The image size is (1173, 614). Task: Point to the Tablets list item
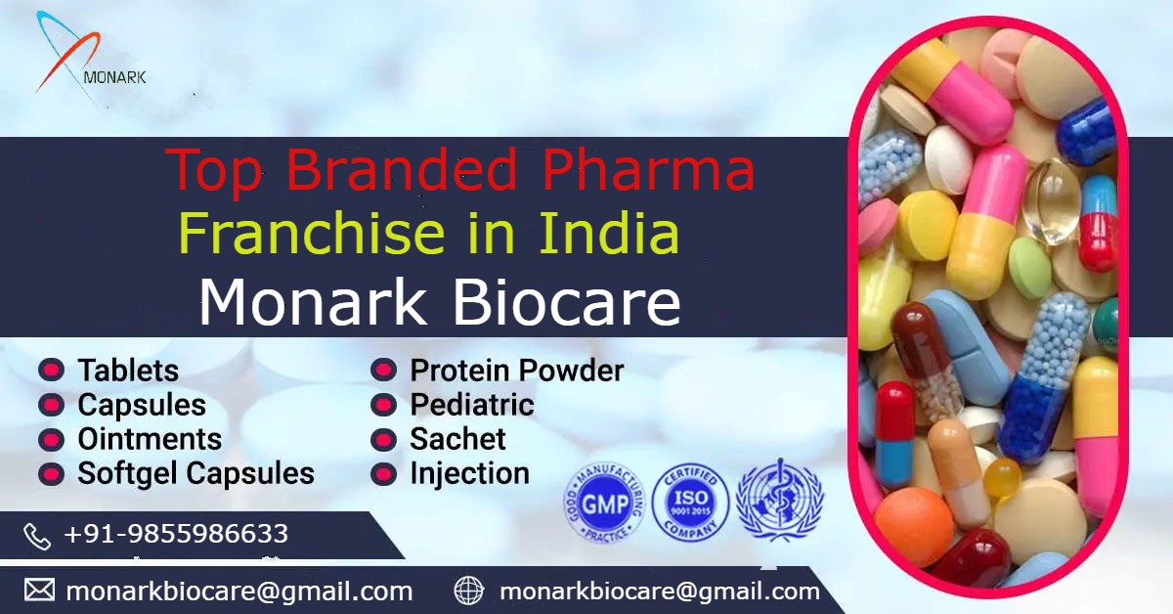128,371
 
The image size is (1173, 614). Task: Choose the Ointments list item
150,439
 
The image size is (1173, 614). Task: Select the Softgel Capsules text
195,474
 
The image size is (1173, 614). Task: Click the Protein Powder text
516,371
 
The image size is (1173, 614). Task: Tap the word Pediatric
471,405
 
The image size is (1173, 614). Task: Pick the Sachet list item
457,439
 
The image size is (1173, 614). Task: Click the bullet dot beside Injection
383,474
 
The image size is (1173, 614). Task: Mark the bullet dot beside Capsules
51,405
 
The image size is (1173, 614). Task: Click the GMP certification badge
605,502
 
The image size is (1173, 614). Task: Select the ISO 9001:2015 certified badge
690,502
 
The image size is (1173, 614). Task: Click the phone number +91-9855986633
176,534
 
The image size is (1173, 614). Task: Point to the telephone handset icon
37,536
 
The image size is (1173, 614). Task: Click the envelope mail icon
39,591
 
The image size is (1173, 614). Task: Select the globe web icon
469,591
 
